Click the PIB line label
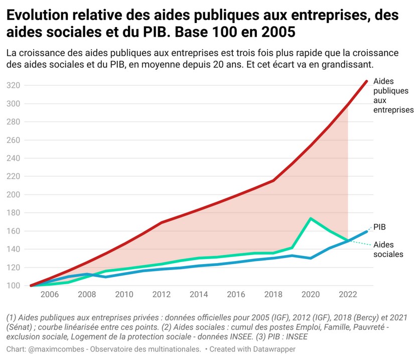pyautogui.click(x=380, y=226)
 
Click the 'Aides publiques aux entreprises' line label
pyautogui.click(x=393, y=95)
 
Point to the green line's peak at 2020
pyautogui.click(x=311, y=218)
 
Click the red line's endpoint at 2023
pyautogui.click(x=366, y=81)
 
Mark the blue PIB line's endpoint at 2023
pyautogui.click(x=366, y=231)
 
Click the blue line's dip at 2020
pyautogui.click(x=311, y=258)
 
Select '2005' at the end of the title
pyautogui.click(x=277, y=33)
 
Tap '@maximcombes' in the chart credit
pyautogui.click(x=52, y=349)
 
